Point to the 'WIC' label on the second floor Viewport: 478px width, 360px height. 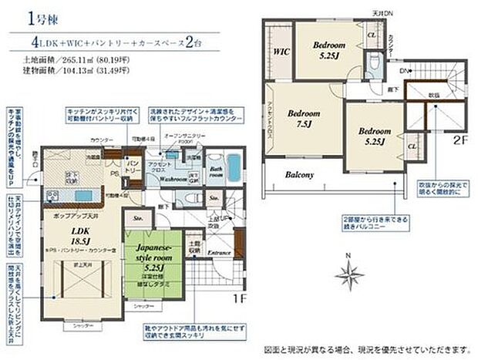click(x=279, y=52)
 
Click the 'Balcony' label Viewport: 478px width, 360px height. click(x=299, y=174)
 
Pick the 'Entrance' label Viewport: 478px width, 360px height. click(x=219, y=252)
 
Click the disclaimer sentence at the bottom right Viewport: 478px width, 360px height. click(x=370, y=347)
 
